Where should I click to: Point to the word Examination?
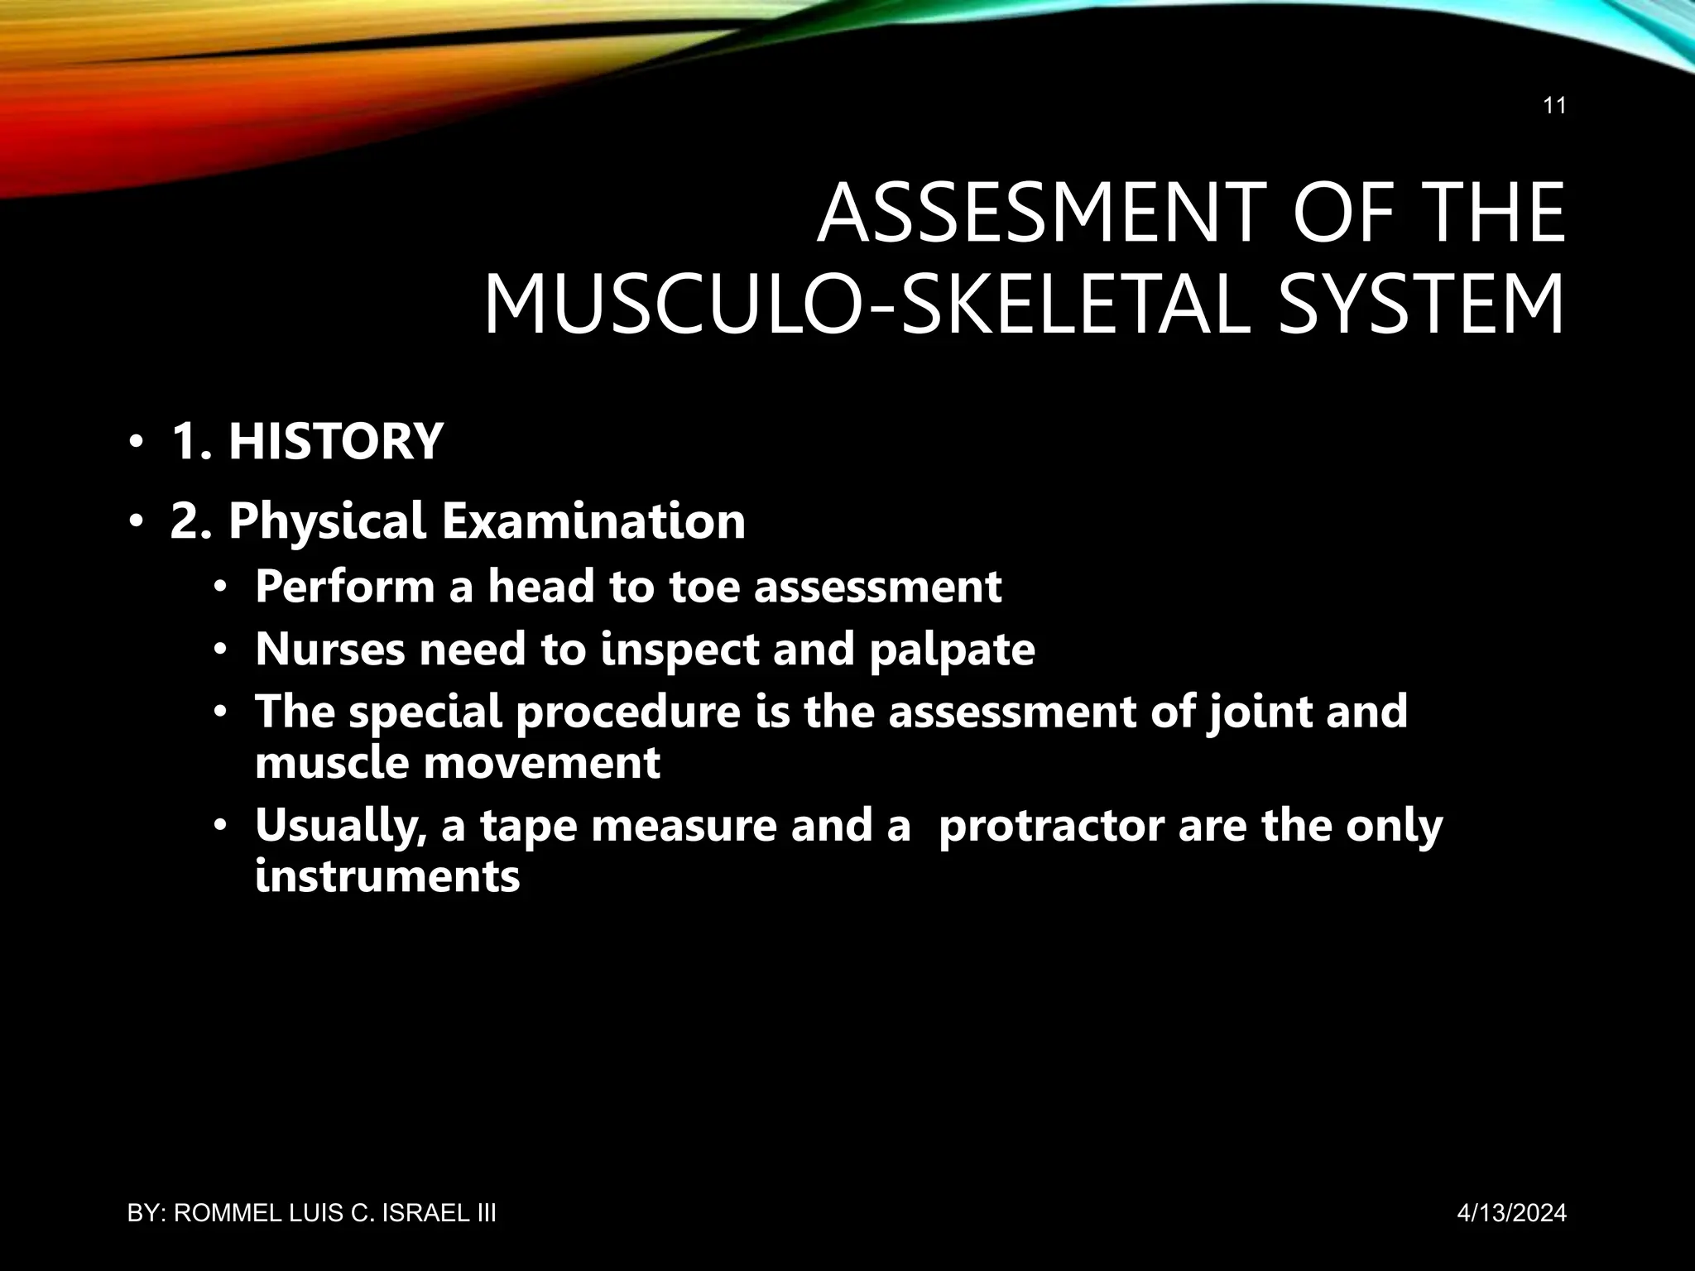pyautogui.click(x=593, y=521)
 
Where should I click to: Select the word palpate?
pyautogui.click(x=952, y=650)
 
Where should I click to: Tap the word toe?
pyautogui.click(x=703, y=587)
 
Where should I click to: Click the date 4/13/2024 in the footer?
pyautogui.click(x=1511, y=1213)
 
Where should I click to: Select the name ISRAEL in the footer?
pyautogui.click(x=425, y=1213)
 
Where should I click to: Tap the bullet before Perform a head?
pyautogui.click(x=219, y=588)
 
